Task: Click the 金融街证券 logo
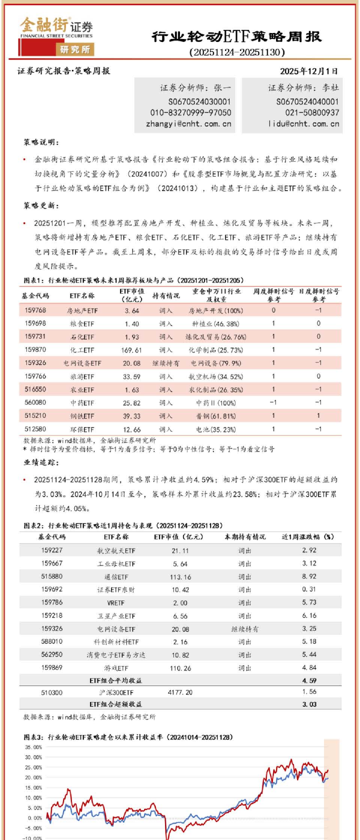click(x=56, y=35)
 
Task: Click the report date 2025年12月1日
click(x=308, y=71)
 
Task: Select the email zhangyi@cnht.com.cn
click(x=188, y=123)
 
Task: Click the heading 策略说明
click(x=41, y=142)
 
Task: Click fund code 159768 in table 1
click(x=35, y=310)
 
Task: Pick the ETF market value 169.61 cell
click(x=131, y=350)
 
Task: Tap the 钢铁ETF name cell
click(x=82, y=416)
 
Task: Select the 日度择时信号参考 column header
click(x=318, y=295)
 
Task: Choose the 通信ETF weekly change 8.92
click(x=309, y=576)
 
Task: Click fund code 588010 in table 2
click(x=52, y=641)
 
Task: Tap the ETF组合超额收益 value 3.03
click(x=309, y=704)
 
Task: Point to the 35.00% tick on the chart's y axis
click(x=33, y=747)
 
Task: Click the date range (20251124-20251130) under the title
click(x=237, y=52)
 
